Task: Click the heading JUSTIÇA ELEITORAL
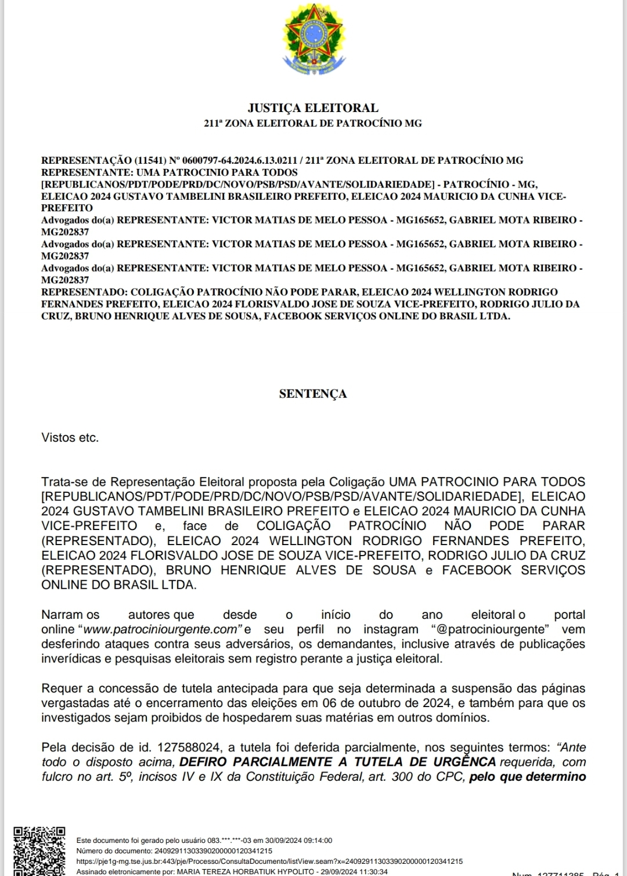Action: (313, 108)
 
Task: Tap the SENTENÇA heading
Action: (313, 394)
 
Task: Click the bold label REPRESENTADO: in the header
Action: (84, 292)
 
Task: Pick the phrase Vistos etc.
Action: (70, 438)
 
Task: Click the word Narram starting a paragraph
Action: (63, 615)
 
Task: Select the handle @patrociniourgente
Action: (491, 629)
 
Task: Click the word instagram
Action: (391, 629)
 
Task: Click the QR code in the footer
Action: (39, 850)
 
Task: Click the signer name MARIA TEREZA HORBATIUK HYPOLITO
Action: (245, 872)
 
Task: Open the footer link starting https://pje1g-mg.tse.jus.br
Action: (269, 861)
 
